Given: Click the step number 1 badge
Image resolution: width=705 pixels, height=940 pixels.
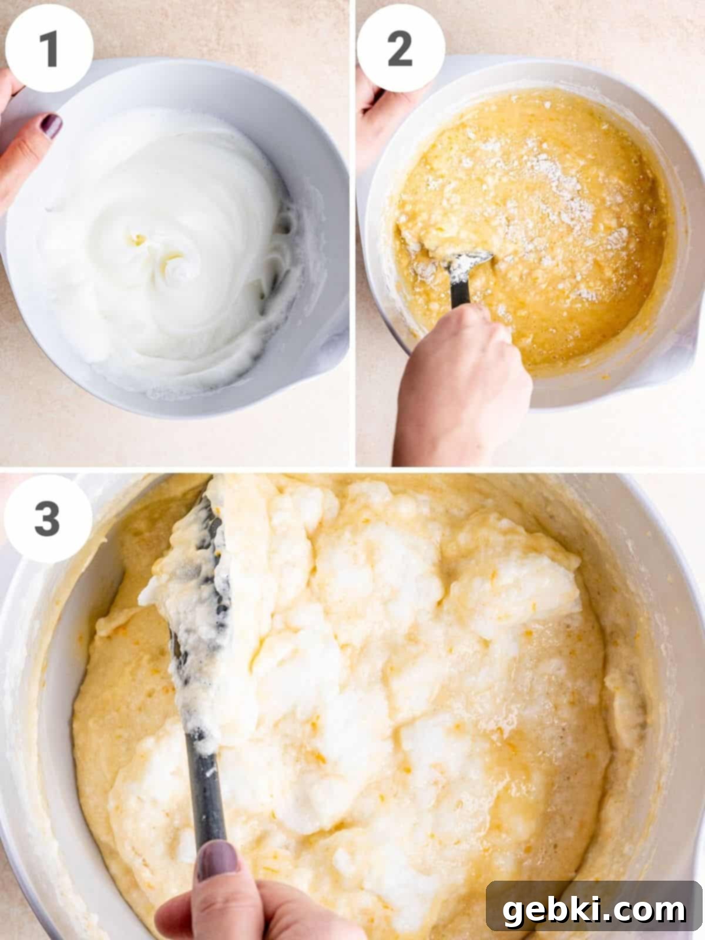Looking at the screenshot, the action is tap(49, 48).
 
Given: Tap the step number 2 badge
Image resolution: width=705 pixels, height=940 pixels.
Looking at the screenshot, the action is tap(401, 48).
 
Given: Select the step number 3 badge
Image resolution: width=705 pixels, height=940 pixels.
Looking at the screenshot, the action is tap(48, 519).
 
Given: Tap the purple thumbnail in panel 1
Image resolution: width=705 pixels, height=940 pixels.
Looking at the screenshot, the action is tap(52, 126).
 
